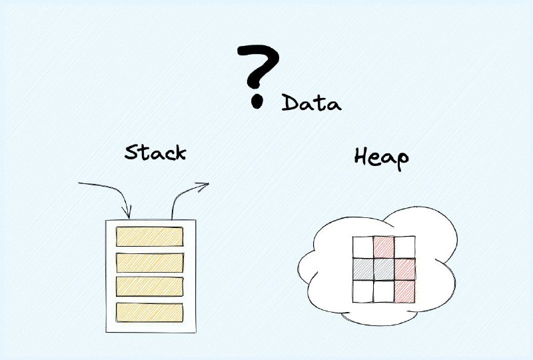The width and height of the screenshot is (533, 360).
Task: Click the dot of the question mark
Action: click(x=257, y=101)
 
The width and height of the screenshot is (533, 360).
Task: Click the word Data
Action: click(x=311, y=103)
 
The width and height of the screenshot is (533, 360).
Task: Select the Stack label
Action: click(x=155, y=152)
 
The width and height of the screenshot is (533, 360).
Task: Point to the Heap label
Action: click(x=381, y=158)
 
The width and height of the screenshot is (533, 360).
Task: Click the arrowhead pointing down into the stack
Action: click(x=128, y=212)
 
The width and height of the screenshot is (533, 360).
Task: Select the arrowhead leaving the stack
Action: click(x=203, y=186)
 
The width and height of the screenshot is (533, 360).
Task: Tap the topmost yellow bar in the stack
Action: click(x=149, y=236)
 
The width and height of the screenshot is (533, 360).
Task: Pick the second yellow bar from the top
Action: click(x=150, y=263)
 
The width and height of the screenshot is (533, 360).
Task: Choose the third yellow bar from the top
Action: click(x=149, y=287)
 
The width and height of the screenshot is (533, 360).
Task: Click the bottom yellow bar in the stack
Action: click(x=149, y=313)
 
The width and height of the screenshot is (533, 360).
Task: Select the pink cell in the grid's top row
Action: click(x=384, y=247)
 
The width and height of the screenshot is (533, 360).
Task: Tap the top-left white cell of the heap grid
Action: click(x=363, y=247)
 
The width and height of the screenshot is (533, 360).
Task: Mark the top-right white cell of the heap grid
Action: click(x=405, y=247)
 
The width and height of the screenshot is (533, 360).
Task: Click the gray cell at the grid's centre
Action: click(x=384, y=269)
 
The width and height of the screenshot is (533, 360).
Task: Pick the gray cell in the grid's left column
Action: click(x=363, y=269)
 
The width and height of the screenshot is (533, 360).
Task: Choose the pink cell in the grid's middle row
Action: click(x=405, y=269)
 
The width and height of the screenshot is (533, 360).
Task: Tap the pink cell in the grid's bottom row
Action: click(x=405, y=291)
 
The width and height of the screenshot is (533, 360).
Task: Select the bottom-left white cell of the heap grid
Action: click(x=363, y=291)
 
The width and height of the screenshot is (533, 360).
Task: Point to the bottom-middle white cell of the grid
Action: click(x=384, y=291)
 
